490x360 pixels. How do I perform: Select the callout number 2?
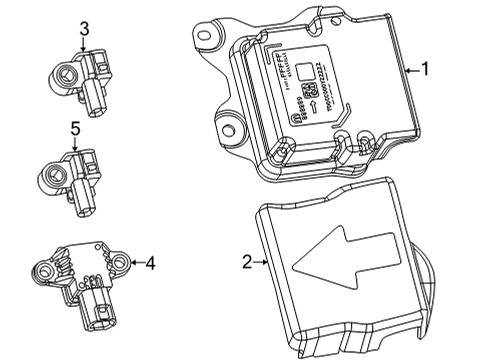coord(247,262)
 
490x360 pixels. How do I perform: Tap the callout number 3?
coord(85,29)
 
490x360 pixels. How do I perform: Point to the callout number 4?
coord(150,263)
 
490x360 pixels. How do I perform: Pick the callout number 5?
coord(75,128)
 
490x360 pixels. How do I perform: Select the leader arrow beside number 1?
coord(409,70)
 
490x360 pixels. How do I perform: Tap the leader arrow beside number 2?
coord(262,262)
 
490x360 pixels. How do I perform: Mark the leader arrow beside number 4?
coord(134,263)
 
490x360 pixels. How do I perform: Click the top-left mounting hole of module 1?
coord(208,36)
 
